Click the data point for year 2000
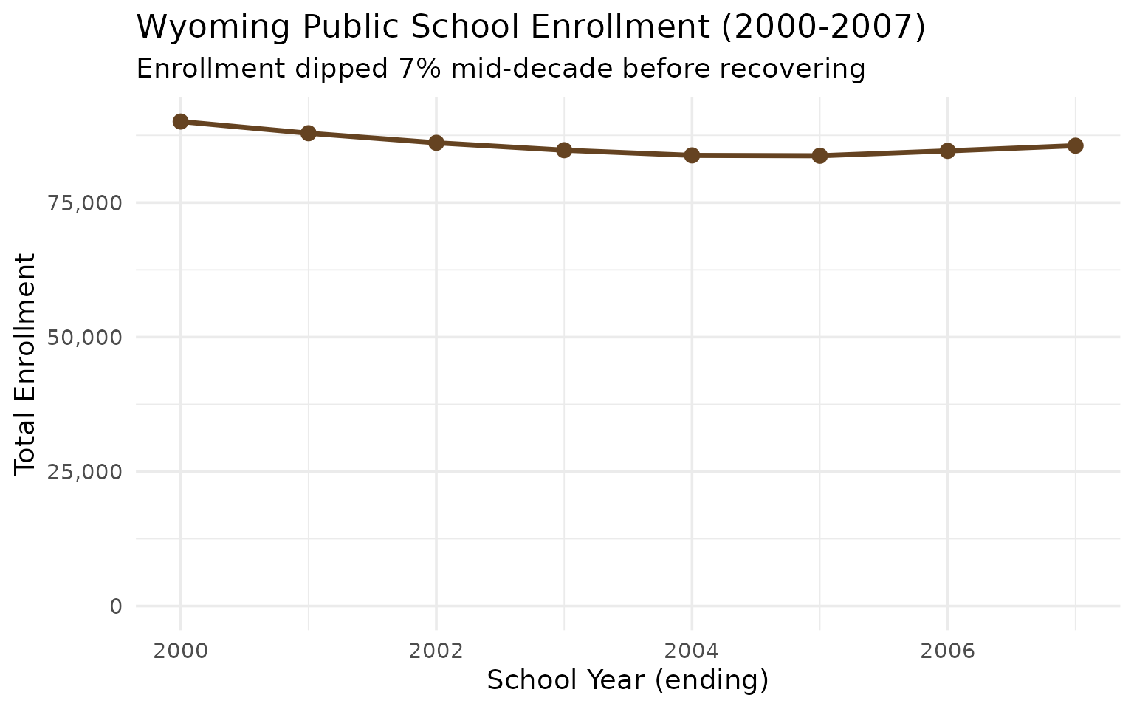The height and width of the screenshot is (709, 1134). (x=180, y=122)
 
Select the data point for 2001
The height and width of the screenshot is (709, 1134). (x=309, y=133)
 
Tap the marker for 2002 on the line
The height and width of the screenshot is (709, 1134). (x=436, y=143)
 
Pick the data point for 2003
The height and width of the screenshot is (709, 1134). (x=564, y=150)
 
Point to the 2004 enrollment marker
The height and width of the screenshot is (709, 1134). (x=692, y=155)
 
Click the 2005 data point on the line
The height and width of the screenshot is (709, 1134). (x=819, y=156)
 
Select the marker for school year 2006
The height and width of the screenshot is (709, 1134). (x=947, y=151)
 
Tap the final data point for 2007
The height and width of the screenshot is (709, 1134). (x=1075, y=145)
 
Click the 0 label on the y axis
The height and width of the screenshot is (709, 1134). (x=116, y=606)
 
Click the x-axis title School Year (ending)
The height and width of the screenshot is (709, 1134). (x=628, y=680)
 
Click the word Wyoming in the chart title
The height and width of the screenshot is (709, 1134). (x=194, y=28)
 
